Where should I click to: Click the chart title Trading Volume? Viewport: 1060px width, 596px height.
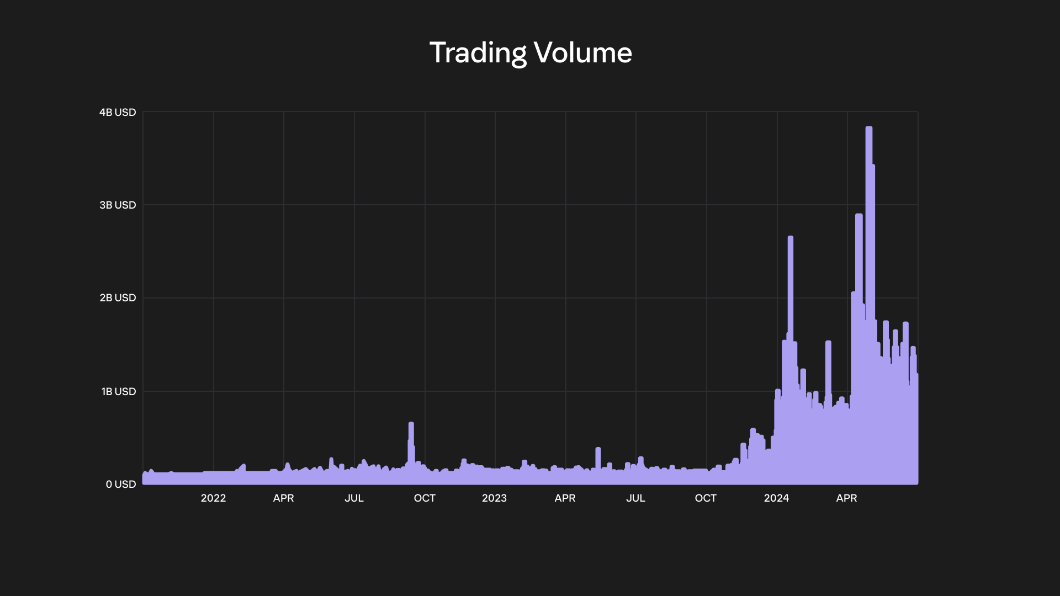pyautogui.click(x=531, y=53)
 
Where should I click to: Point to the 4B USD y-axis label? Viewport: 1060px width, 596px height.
pyautogui.click(x=118, y=113)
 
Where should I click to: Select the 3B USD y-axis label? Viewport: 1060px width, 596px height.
pyautogui.click(x=118, y=205)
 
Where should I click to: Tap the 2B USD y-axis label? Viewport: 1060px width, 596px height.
pyautogui.click(x=118, y=298)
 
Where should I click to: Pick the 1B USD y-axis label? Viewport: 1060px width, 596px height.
pyautogui.click(x=118, y=392)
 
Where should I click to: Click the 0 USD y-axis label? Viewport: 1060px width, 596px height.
pyautogui.click(x=121, y=485)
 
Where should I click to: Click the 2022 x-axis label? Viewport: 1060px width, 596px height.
pyautogui.click(x=213, y=498)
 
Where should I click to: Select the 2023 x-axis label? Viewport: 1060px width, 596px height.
pyautogui.click(x=494, y=498)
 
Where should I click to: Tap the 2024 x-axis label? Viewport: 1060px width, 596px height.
pyautogui.click(x=776, y=498)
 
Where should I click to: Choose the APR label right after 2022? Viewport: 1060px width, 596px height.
pyautogui.click(x=283, y=498)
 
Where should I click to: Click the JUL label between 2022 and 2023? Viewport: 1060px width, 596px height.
pyautogui.click(x=354, y=498)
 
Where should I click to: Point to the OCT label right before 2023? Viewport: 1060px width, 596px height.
pyautogui.click(x=425, y=498)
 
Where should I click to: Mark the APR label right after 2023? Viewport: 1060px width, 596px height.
pyautogui.click(x=565, y=498)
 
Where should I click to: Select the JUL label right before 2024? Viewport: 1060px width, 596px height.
pyautogui.click(x=635, y=498)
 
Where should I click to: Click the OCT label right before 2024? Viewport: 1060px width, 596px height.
pyautogui.click(x=706, y=498)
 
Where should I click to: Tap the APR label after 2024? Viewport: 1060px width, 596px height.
pyautogui.click(x=846, y=498)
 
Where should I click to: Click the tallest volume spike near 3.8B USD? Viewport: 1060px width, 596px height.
pyautogui.click(x=869, y=129)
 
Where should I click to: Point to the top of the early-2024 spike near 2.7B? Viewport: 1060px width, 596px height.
pyautogui.click(x=791, y=238)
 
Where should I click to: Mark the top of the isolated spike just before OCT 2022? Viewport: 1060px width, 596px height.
pyautogui.click(x=411, y=424)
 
